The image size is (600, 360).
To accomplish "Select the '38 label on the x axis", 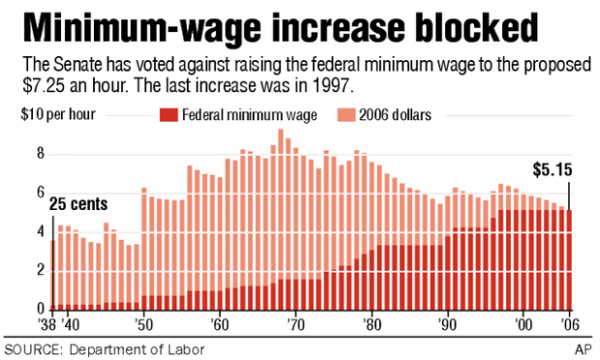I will tap(45, 326).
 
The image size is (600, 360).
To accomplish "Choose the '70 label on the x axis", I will tap(295, 326).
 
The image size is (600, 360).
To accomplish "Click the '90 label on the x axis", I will tap(446, 326).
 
